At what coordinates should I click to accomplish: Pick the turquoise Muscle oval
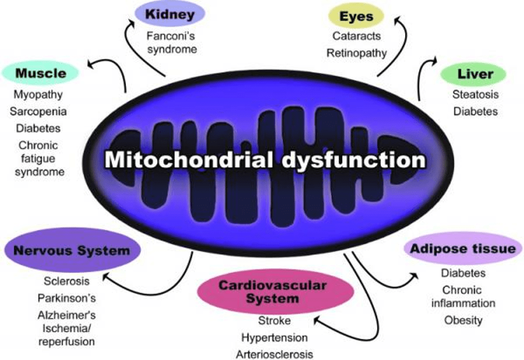(x=41, y=73)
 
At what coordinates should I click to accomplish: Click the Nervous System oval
(x=71, y=251)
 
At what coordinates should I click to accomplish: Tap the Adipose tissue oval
(x=463, y=249)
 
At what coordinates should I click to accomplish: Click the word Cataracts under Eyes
(x=356, y=36)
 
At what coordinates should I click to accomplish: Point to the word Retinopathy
(x=356, y=53)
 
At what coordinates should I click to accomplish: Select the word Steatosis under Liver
(x=475, y=94)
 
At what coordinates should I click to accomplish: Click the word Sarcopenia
(x=38, y=111)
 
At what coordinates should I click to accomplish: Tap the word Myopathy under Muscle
(x=38, y=94)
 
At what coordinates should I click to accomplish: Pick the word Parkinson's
(x=66, y=297)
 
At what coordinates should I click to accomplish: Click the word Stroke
(x=274, y=321)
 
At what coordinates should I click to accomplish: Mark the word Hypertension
(x=274, y=338)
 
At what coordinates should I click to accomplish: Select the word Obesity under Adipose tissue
(x=463, y=320)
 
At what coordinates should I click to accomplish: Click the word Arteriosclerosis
(x=274, y=354)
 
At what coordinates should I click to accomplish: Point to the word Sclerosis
(x=66, y=281)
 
